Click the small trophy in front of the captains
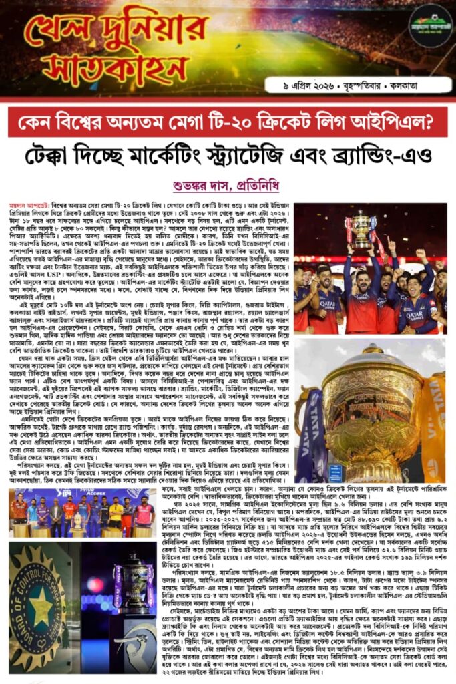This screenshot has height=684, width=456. pos(79,525)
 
